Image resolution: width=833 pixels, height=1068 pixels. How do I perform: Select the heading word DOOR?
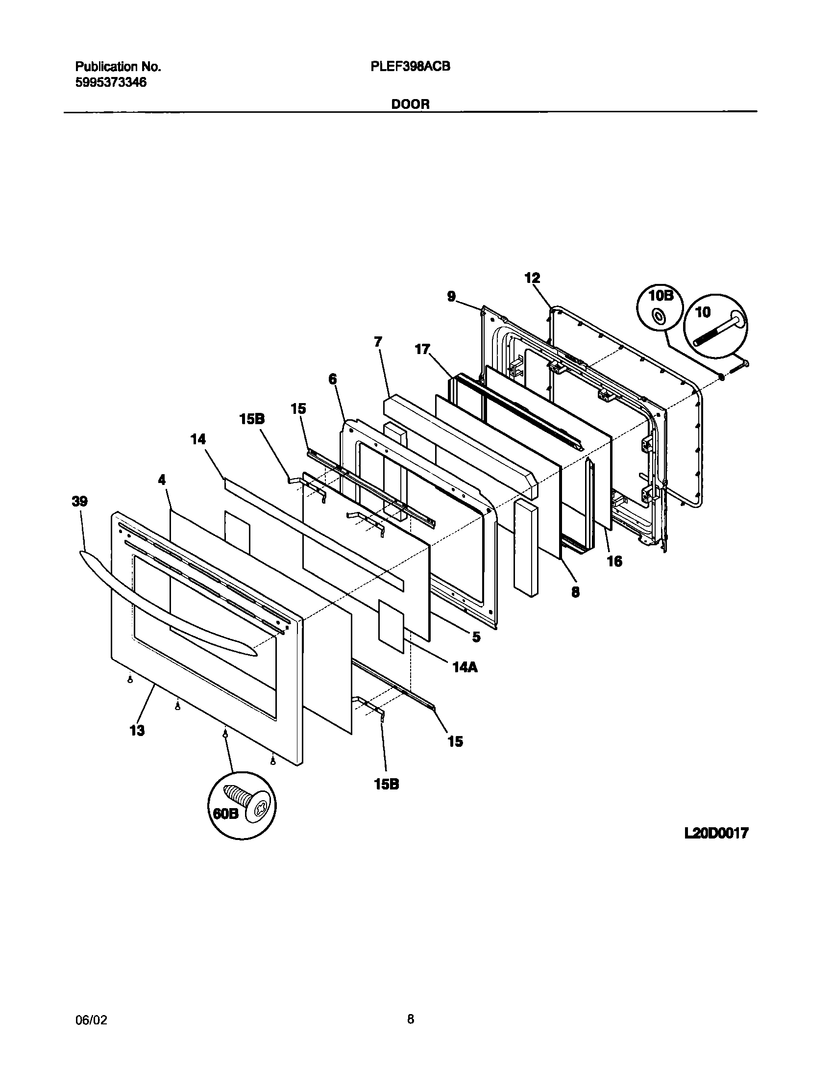pyautogui.click(x=410, y=104)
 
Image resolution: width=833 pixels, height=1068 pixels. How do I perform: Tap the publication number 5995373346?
pyautogui.click(x=111, y=82)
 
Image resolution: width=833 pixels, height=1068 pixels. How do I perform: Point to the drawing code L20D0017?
pyautogui.click(x=716, y=833)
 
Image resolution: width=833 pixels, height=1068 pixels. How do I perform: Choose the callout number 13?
pyautogui.click(x=137, y=730)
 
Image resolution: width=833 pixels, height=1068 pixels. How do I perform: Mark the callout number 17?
pyautogui.click(x=422, y=350)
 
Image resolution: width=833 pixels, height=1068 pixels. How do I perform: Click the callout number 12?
pyautogui.click(x=532, y=278)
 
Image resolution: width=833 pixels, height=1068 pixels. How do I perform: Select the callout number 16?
pyautogui.click(x=614, y=561)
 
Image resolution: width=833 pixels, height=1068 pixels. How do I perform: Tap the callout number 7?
pyautogui.click(x=378, y=342)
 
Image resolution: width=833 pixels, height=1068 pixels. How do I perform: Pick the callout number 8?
pyautogui.click(x=575, y=592)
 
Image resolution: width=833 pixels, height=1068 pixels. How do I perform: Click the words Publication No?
pyautogui.click(x=118, y=67)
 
